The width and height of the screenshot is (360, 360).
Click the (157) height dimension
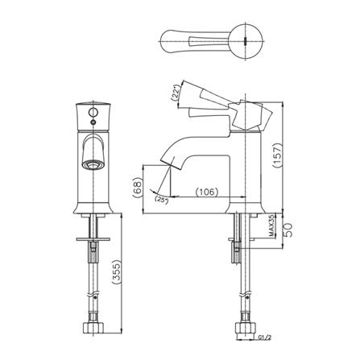click(x=278, y=155)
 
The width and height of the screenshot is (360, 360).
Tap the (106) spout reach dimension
click(x=207, y=192)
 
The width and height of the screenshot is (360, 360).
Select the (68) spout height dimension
click(x=137, y=188)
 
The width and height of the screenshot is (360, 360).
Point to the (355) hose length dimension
click(x=116, y=272)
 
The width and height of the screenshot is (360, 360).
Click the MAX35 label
click(x=272, y=226)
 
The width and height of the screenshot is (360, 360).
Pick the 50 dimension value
click(x=288, y=230)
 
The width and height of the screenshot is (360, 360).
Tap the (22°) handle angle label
click(x=176, y=93)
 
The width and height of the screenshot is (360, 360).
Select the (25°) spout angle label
click(x=162, y=201)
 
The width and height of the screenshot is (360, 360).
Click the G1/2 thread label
click(x=264, y=337)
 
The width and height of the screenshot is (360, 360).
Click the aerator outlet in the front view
click(x=93, y=164)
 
